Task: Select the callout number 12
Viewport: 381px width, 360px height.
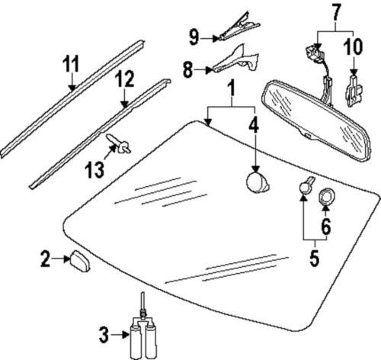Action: click(x=124, y=78)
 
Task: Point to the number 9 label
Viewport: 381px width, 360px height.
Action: click(x=194, y=35)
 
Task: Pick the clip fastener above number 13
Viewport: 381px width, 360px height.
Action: click(x=119, y=144)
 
